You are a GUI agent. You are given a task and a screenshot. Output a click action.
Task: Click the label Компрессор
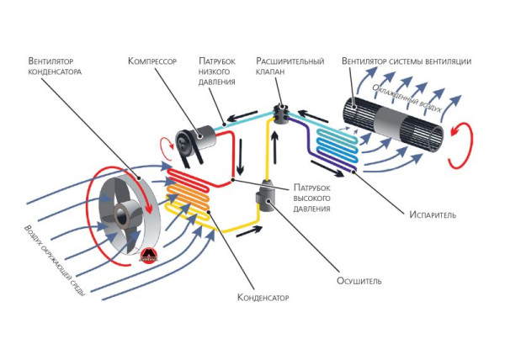click(x=153, y=61)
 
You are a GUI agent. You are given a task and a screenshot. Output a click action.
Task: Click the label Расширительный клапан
click(x=288, y=66)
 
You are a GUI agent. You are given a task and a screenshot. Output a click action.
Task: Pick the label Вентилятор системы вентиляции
click(x=407, y=61)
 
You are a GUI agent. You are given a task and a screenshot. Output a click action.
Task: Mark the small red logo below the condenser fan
click(x=148, y=257)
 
